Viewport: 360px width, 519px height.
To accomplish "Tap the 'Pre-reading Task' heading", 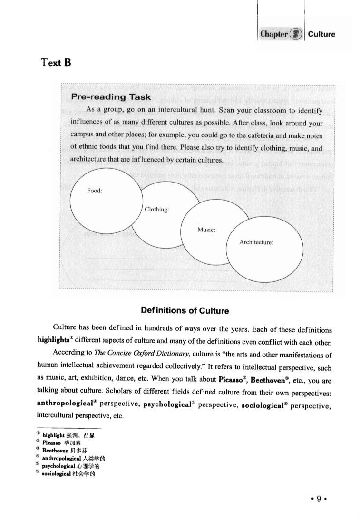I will coord(111,97).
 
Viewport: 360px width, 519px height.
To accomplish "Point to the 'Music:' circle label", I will coord(207,230).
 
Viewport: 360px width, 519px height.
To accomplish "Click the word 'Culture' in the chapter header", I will coord(321,34).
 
